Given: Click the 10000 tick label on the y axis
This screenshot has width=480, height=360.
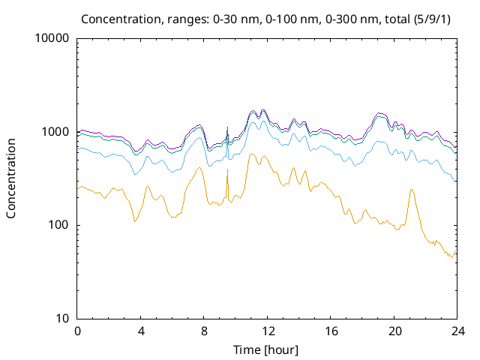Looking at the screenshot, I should click(52, 39).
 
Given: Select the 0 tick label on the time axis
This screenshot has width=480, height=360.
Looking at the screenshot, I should click(77, 331).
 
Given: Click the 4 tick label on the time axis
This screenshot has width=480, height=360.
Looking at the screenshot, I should click(140, 331).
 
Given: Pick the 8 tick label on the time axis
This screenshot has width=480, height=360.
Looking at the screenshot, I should click(203, 331).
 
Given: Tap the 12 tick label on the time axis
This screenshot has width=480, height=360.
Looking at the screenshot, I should click(266, 331).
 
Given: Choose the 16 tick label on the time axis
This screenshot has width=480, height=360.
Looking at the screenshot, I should click(329, 331).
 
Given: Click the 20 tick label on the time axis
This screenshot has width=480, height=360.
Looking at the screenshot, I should click(392, 331).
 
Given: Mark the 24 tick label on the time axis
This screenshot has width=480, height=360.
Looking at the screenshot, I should click(455, 331).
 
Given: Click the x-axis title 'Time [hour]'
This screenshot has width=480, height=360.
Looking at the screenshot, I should click(266, 349).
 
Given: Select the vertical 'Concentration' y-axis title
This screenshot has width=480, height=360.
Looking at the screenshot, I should click(12, 178).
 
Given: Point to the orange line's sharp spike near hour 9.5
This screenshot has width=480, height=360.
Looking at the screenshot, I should click(227, 169).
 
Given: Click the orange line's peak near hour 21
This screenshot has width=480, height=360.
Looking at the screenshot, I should click(412, 190).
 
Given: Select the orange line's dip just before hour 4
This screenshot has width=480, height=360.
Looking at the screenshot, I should click(134, 220).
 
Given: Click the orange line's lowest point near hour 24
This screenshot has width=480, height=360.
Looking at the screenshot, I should click(451, 257).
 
